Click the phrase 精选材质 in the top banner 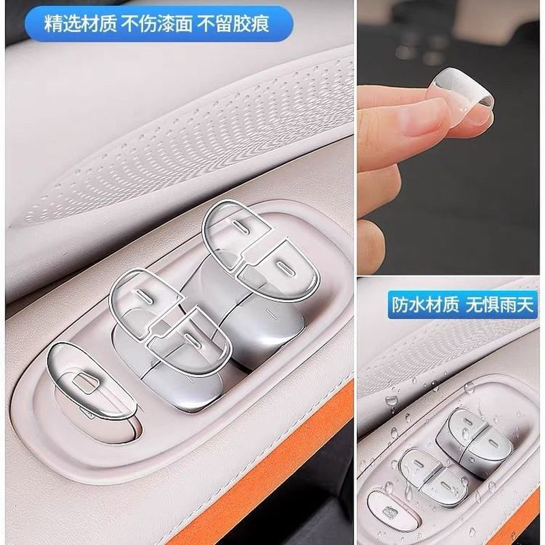pos(80,25)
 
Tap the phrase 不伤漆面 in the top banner pos(157,25)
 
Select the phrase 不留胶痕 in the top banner pos(233,25)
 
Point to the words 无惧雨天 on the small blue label pos(499,305)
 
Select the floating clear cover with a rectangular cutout pos(91,381)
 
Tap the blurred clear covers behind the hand pos(423,48)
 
